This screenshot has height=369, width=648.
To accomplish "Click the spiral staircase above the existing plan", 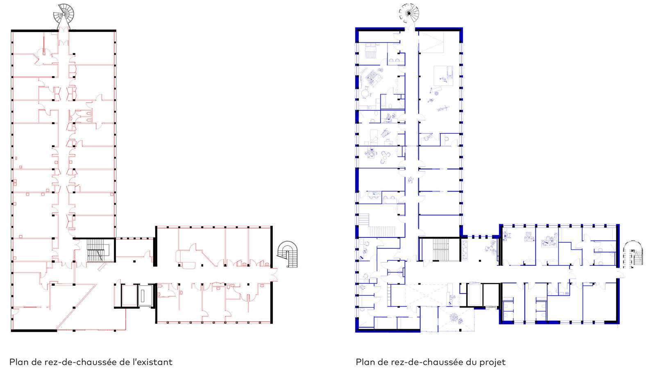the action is (x=63, y=15).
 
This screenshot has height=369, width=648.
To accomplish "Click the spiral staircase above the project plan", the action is (x=409, y=14).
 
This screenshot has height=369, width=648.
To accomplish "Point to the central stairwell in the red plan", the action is (x=98, y=250).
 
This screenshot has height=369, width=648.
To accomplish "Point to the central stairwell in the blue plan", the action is (x=440, y=249).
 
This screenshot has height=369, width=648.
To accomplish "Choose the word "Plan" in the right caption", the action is (x=365, y=362).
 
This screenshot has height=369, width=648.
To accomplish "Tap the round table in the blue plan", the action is (x=365, y=93).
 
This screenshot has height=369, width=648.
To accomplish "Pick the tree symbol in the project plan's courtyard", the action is (x=455, y=318).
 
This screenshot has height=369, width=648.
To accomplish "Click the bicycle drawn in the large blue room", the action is (x=443, y=109).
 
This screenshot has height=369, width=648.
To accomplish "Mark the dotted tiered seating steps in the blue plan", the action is (x=382, y=231).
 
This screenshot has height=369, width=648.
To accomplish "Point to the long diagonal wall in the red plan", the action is (x=76, y=307).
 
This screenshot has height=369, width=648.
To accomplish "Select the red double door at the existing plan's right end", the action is (x=274, y=275).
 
